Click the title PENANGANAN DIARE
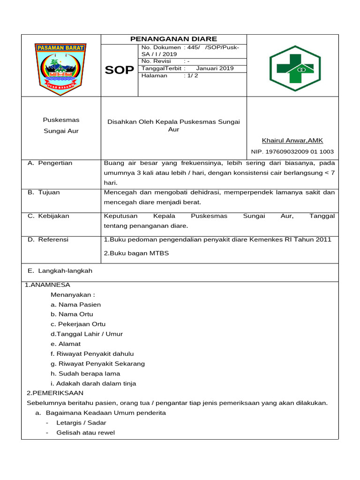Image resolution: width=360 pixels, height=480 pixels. click(173, 39)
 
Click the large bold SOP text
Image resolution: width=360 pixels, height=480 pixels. click(119, 70)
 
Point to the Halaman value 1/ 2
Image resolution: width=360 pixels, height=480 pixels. click(192, 75)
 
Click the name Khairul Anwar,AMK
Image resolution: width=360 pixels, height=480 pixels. click(292, 141)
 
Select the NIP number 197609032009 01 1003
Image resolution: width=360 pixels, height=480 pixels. click(292, 152)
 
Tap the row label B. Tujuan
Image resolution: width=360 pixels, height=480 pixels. click(44, 193)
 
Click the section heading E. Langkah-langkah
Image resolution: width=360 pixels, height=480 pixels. click(60, 271)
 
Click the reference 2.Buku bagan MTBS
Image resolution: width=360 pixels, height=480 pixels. click(136, 253)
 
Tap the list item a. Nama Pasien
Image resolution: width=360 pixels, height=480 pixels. click(75, 305)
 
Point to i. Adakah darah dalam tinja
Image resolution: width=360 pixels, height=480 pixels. click(93, 383)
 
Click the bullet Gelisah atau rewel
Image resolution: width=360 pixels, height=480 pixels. click(85, 433)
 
